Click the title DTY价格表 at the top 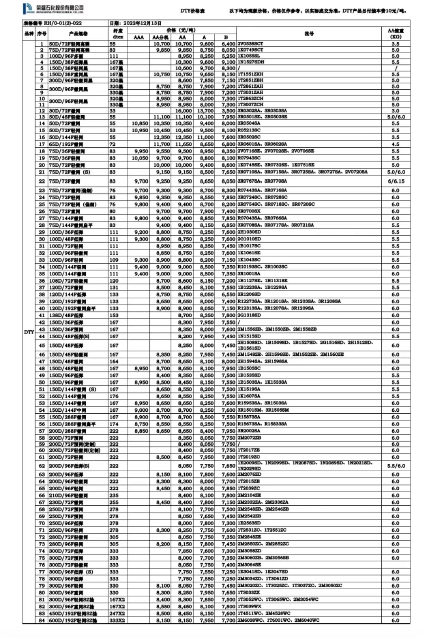[x=192, y=11]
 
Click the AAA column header [x=139, y=37]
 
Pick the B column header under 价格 [x=226, y=37]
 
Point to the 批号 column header [x=309, y=34]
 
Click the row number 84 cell [x=42, y=620]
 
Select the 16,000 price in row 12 [x=183, y=111]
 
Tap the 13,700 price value [x=205, y=111]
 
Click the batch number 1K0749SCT [x=250, y=50]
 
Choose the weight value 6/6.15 [x=395, y=181]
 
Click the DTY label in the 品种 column [x=29, y=332]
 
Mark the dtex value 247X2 [x=117, y=613]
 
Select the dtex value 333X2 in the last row [x=117, y=620]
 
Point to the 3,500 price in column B [x=228, y=111]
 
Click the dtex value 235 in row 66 [x=114, y=495]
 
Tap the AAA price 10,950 [x=140, y=130]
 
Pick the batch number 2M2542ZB [x=249, y=516]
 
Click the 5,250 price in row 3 [x=228, y=56]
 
